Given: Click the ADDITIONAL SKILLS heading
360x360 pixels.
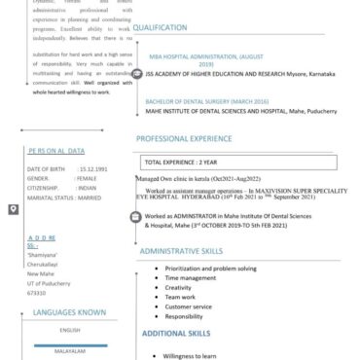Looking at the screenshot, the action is click(x=171, y=334).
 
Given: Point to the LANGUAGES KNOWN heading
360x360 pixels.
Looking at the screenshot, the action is click(x=69, y=313).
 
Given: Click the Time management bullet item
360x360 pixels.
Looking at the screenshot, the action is click(x=191, y=277).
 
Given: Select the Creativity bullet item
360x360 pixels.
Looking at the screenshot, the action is click(x=179, y=287).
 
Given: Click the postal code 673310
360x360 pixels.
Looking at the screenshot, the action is click(x=38, y=292).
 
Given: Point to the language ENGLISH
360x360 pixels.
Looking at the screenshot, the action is click(x=69, y=331).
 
